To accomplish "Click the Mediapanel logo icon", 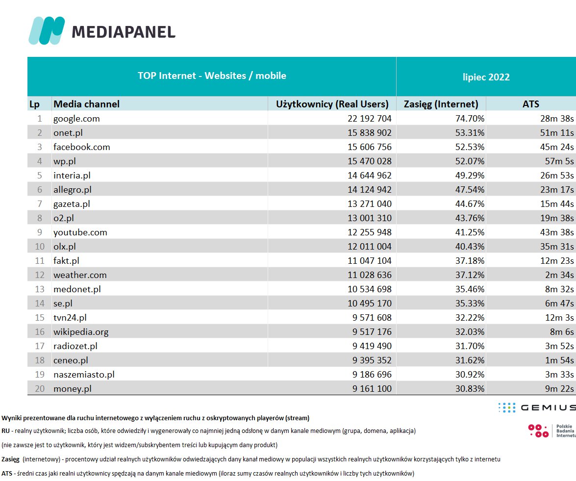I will click(47, 30).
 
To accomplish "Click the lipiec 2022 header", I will click(486, 77).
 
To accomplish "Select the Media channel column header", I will click(86, 104).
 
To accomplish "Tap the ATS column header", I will click(530, 104).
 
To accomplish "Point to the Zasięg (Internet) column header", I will click(441, 104).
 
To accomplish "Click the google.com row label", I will click(76, 118).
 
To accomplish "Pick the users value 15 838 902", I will click(360, 132).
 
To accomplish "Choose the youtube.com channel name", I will click(80, 232).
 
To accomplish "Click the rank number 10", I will click(40, 246).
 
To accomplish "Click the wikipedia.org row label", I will click(81, 331).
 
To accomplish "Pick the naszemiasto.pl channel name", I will click(84, 374).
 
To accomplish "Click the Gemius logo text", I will click(548, 407).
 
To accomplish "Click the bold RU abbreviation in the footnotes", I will click(5, 431).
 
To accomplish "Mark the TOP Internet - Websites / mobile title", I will click(212, 76).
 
